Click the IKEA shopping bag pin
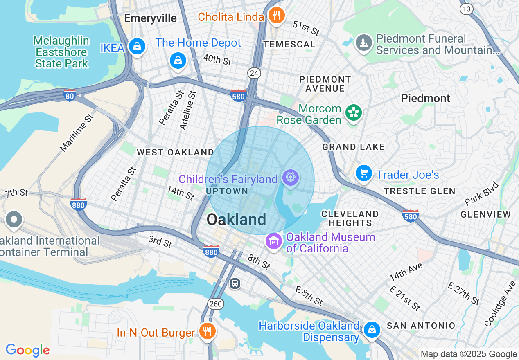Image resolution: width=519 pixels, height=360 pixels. click(137, 47)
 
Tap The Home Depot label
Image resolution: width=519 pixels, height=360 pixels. click(198, 43)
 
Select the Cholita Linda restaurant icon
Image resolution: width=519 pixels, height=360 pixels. click(277, 16)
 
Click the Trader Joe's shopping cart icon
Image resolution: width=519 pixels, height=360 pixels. click(363, 173)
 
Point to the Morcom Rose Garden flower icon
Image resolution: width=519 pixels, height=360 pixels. click(353, 113)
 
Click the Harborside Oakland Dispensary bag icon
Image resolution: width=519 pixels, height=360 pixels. click(372, 329)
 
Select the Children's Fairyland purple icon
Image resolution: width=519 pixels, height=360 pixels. click(291, 178)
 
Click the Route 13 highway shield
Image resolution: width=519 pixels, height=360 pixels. click(467, 9)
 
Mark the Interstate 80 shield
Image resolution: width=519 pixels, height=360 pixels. click(70, 95)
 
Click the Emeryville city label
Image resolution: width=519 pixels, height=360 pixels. click(150, 18)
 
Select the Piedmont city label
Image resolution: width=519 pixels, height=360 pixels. click(425, 98)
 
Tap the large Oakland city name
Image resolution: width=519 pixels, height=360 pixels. click(236, 220)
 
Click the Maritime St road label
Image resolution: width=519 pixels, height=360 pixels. click(77, 133)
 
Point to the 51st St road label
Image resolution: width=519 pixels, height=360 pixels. click(306, 28)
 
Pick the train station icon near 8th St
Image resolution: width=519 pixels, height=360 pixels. click(235, 283)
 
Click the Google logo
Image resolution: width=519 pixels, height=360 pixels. click(27, 350)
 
